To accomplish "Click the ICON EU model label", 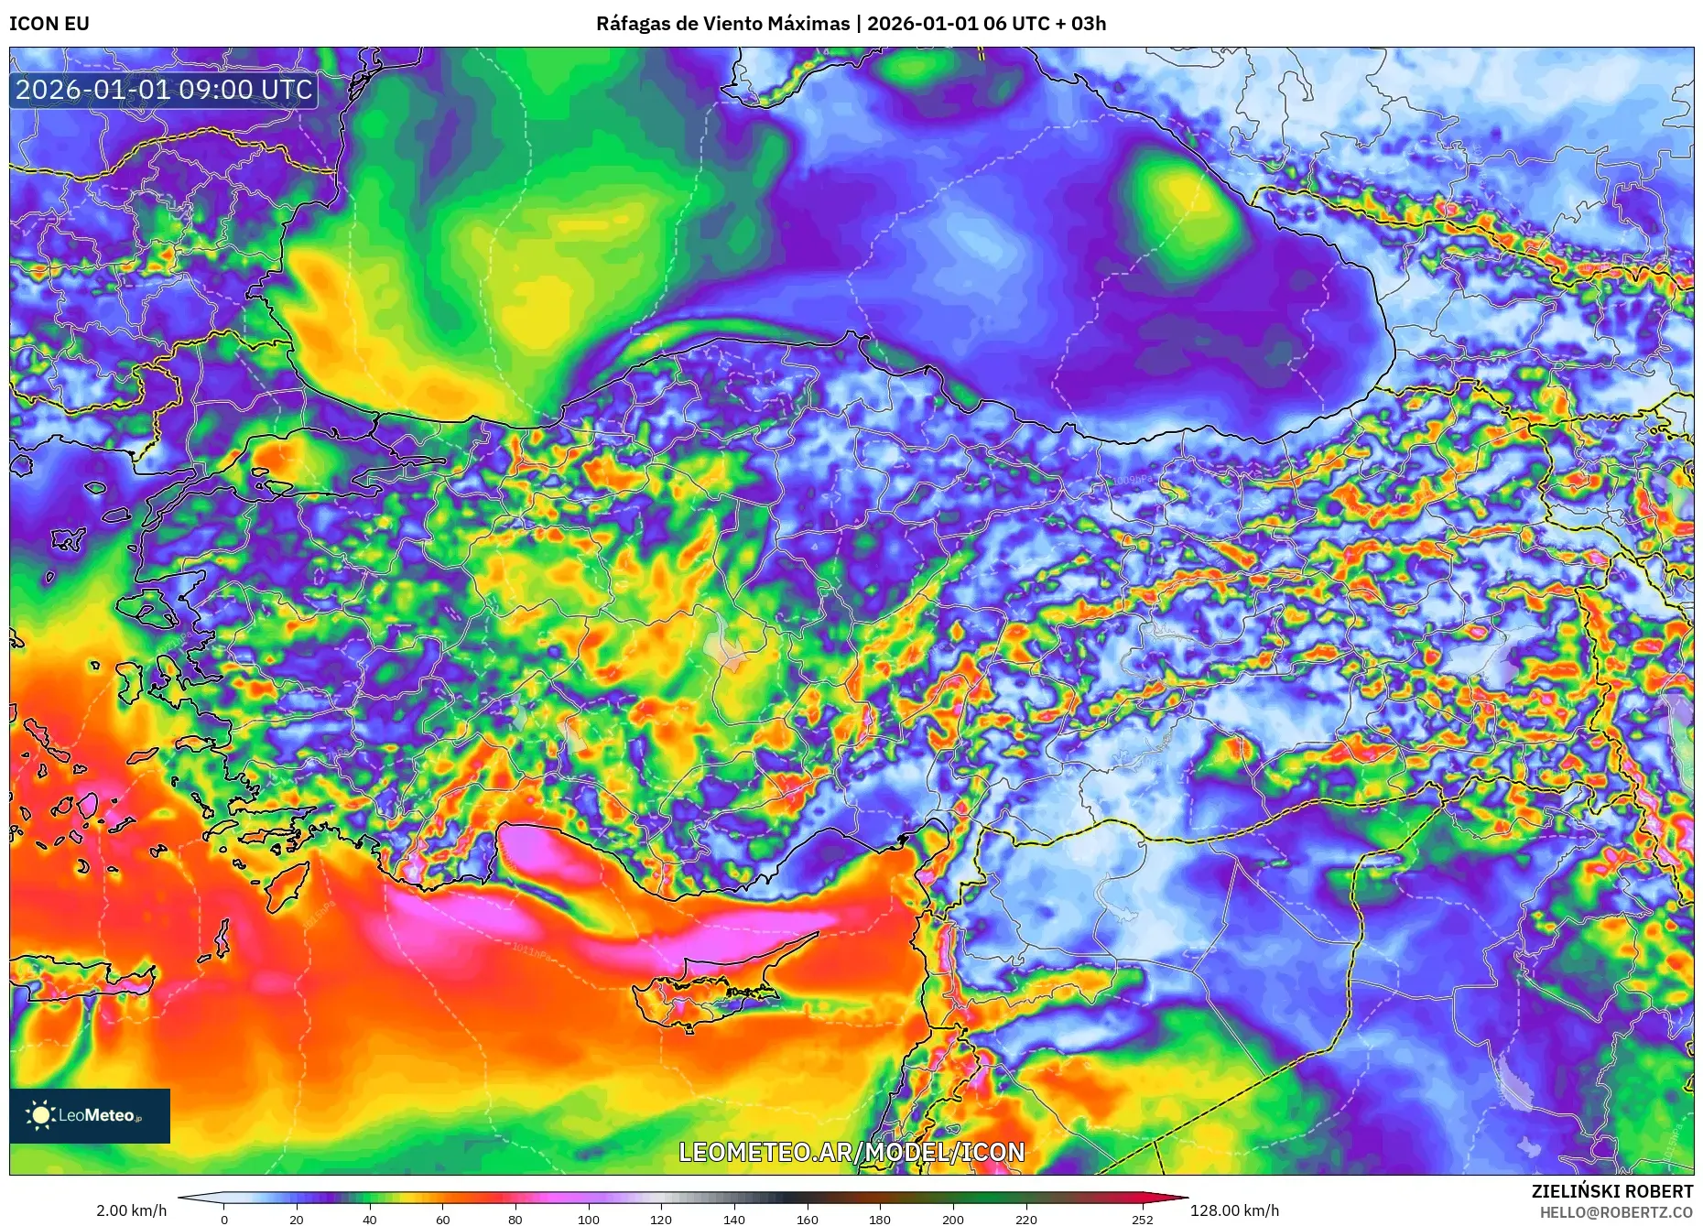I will pyautogui.click(x=49, y=24).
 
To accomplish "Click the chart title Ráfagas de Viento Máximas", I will pyautogui.click(x=722, y=24).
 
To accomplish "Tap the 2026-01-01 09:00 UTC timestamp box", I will pyautogui.click(x=164, y=90).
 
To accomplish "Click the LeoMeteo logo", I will pyautogui.click(x=90, y=1115).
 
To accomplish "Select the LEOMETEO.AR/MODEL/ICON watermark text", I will pyautogui.click(x=851, y=1152).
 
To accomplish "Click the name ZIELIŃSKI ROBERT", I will pyautogui.click(x=1612, y=1191).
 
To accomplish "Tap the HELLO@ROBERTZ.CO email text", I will pyautogui.click(x=1616, y=1212).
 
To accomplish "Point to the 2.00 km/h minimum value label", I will pyautogui.click(x=132, y=1210).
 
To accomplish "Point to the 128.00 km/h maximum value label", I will pyautogui.click(x=1234, y=1210).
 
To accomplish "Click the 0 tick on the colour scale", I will pyautogui.click(x=224, y=1220).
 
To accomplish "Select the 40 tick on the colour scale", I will pyautogui.click(x=370, y=1220).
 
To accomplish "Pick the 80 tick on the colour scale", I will pyautogui.click(x=515, y=1220).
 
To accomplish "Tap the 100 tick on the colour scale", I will pyautogui.click(x=589, y=1220).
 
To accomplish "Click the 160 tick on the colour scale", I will pyautogui.click(x=808, y=1220).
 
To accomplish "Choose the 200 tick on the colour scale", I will pyautogui.click(x=953, y=1220).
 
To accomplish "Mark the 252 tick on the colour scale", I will pyautogui.click(x=1143, y=1220).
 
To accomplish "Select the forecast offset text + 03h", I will pyautogui.click(x=1080, y=24).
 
